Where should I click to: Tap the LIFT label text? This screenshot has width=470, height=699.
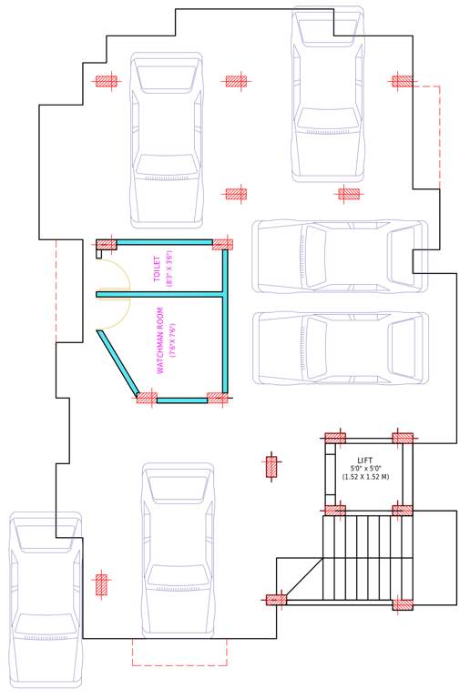[365, 461]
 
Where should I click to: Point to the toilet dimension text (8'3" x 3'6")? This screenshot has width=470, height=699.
[169, 270]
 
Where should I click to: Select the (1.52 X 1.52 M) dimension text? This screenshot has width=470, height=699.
[365, 477]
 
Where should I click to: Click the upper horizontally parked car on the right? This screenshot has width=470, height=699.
[339, 256]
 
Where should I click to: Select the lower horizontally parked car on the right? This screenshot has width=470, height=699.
[339, 348]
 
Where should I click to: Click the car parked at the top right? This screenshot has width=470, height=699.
[328, 96]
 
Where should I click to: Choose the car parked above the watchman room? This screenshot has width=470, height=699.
[167, 138]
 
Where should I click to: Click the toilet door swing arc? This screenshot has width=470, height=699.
[115, 277]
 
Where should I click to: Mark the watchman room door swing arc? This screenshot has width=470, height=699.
[115, 313]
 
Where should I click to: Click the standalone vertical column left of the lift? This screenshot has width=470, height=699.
[271, 467]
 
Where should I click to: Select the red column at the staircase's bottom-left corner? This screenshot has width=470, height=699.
[276, 600]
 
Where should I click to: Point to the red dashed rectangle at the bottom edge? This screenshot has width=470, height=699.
[179, 652]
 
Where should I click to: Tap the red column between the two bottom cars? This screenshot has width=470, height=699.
[102, 584]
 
